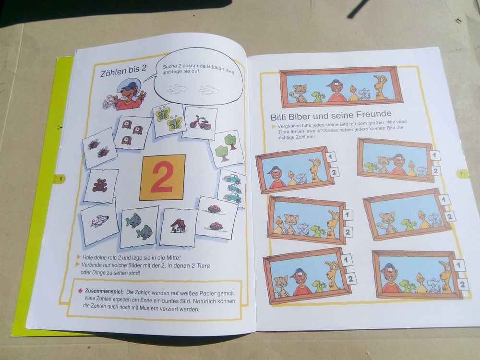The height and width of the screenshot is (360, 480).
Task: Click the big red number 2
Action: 162,177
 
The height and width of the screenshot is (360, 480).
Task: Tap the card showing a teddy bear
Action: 100,186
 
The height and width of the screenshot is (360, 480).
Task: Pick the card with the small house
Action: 179,227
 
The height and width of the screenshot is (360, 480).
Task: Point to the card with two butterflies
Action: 168,120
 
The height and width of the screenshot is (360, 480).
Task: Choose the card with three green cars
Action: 232,188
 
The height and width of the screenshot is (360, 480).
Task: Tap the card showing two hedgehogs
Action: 99,148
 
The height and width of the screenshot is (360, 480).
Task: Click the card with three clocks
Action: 132,132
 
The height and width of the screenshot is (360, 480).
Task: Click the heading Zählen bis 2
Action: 124,72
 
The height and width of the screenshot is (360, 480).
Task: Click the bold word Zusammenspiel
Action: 104,291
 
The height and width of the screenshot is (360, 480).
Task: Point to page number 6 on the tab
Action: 61,179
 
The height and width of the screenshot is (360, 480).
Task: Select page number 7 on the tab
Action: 462,174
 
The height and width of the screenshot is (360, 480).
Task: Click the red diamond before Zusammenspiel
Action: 81,290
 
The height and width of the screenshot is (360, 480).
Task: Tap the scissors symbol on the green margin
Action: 59,127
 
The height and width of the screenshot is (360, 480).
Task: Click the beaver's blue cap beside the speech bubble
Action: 130,85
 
